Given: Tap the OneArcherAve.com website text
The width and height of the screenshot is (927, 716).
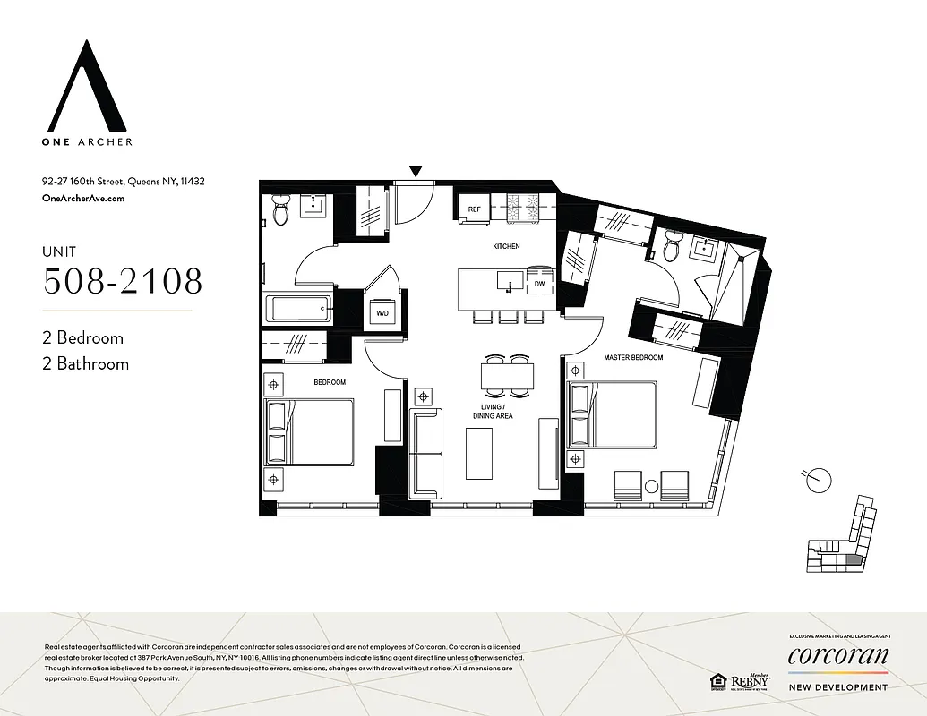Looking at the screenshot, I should coord(83,199).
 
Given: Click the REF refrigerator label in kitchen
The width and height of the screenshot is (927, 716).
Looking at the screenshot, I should coord(474,209).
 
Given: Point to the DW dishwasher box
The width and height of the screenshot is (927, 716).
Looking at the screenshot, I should coord(539,284).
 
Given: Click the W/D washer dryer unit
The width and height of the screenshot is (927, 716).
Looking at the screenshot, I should coord(382,313).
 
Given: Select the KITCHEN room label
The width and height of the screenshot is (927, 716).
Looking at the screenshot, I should coord(506,246).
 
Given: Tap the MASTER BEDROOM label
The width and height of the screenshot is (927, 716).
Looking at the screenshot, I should coord(632,358).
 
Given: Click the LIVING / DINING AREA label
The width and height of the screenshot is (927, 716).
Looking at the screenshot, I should coord(493,410).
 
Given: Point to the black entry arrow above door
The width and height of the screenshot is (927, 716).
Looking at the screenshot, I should coord(415,171).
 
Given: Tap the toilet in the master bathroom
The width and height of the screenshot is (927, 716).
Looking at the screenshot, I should coord(671,248).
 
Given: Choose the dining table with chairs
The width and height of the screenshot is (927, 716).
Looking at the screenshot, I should coord(507,374).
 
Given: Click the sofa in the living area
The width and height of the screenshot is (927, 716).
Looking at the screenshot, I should coord(425,454).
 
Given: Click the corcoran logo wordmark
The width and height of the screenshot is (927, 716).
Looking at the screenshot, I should coord(838,656).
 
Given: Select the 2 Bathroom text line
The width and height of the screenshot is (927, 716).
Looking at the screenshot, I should coord(85,363).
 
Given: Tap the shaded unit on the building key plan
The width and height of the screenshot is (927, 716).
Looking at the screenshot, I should coord(852,560).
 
